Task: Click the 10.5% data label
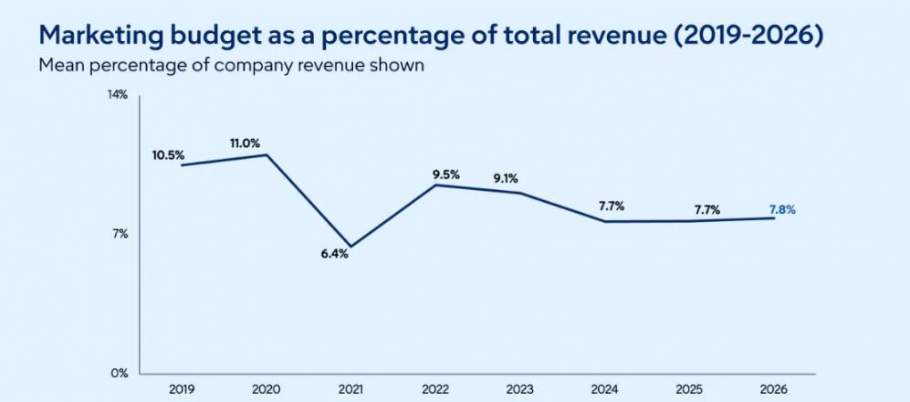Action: point(168,155)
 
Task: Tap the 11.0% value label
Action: point(245,143)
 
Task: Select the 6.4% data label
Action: point(335,253)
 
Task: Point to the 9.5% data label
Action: point(446,174)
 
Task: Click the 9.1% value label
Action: point(506,179)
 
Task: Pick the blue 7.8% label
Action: point(783,210)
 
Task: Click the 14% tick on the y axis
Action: point(118,95)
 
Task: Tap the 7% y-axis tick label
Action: point(120,234)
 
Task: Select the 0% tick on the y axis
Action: point(120,374)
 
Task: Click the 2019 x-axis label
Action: point(183,389)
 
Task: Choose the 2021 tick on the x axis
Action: point(351,389)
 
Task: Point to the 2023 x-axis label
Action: point(520,389)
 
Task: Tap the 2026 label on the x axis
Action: point(774,389)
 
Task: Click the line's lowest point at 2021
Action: point(351,247)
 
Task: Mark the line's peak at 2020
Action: point(267,154)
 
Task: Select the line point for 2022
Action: point(436,185)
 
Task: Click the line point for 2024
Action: point(605,221)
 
